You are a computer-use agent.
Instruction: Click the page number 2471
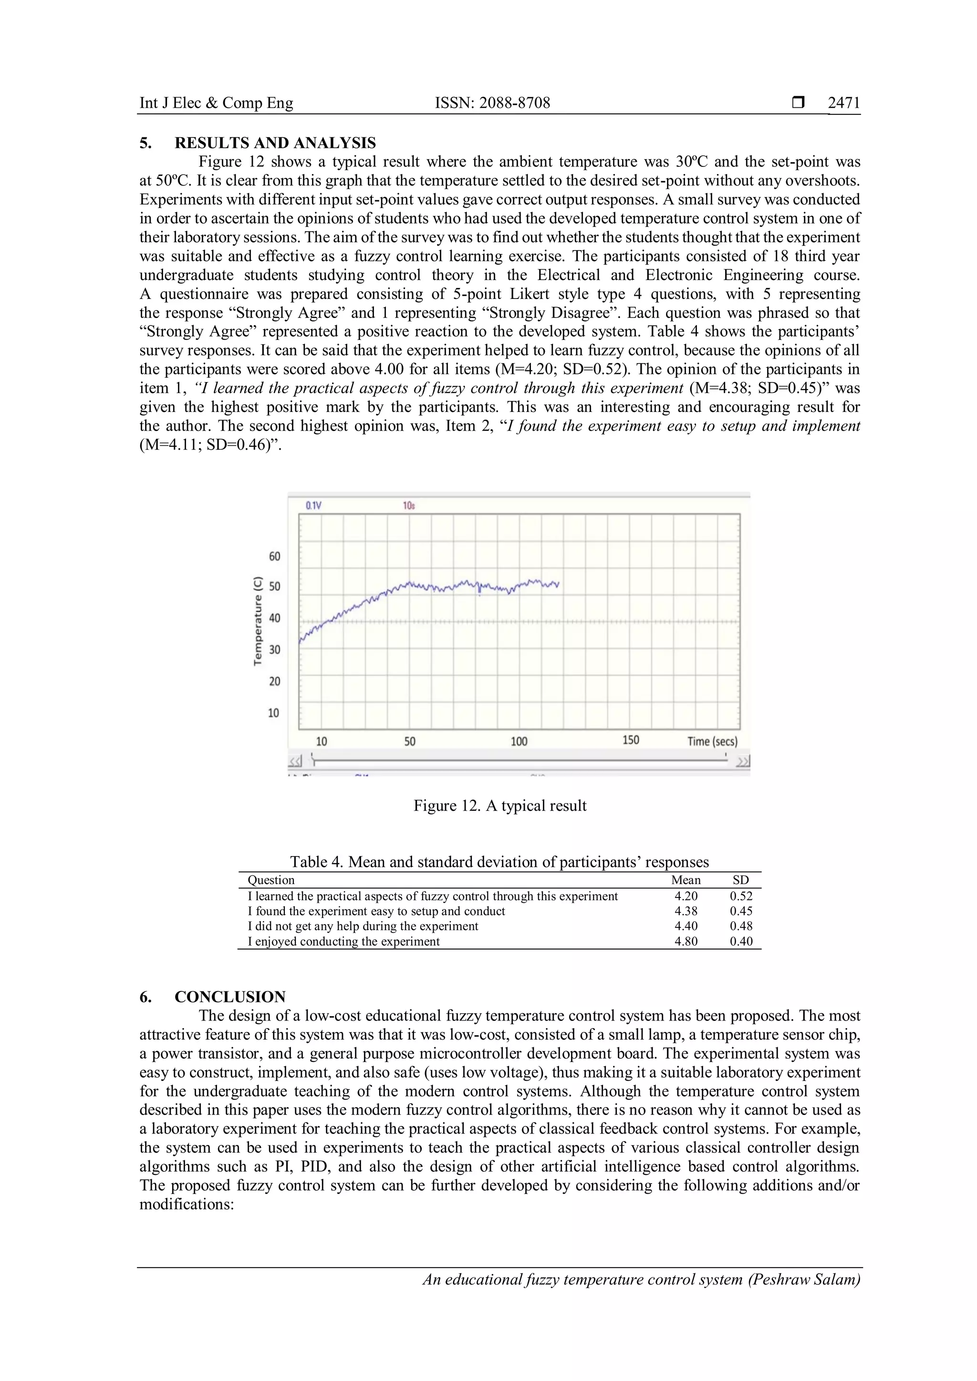(x=843, y=103)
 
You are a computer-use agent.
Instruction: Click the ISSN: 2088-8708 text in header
(x=492, y=103)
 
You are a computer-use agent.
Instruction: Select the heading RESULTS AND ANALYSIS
(x=275, y=143)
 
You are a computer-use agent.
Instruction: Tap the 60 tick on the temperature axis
(x=274, y=557)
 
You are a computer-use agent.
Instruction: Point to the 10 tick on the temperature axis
(x=274, y=713)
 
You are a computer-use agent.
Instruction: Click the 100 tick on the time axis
(x=519, y=742)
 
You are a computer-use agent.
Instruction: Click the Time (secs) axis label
(x=712, y=742)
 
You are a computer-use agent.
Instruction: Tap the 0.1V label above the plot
(x=313, y=506)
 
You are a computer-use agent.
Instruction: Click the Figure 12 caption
(x=499, y=806)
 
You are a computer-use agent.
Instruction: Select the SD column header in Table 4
(x=740, y=880)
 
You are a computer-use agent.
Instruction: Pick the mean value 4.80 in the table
(x=686, y=941)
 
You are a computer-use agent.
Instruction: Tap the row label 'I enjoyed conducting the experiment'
(x=343, y=941)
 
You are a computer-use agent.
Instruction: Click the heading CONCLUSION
(x=230, y=997)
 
